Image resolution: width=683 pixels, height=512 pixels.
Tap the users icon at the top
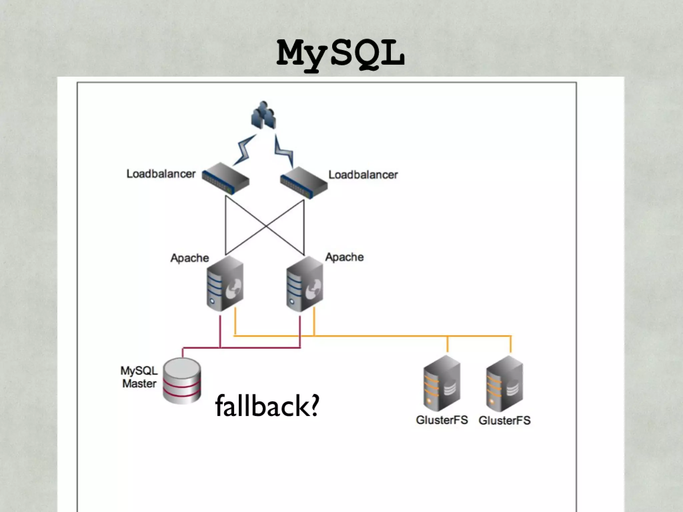click(263, 115)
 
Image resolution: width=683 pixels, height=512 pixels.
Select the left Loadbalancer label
click(161, 174)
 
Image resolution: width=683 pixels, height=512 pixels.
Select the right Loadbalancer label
click(363, 175)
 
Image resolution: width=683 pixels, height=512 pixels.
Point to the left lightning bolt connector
click(245, 150)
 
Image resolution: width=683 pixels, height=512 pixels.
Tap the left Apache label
click(189, 258)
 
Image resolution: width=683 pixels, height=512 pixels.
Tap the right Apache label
click(344, 257)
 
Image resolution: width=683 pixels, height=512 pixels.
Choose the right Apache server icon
click(304, 284)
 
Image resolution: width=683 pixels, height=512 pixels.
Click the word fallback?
click(267, 406)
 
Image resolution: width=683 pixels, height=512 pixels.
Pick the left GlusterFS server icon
click(442, 384)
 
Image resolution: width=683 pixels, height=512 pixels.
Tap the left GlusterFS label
click(442, 420)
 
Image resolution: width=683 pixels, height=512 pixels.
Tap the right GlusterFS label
click(505, 420)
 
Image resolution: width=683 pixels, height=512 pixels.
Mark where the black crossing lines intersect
click(265, 226)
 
